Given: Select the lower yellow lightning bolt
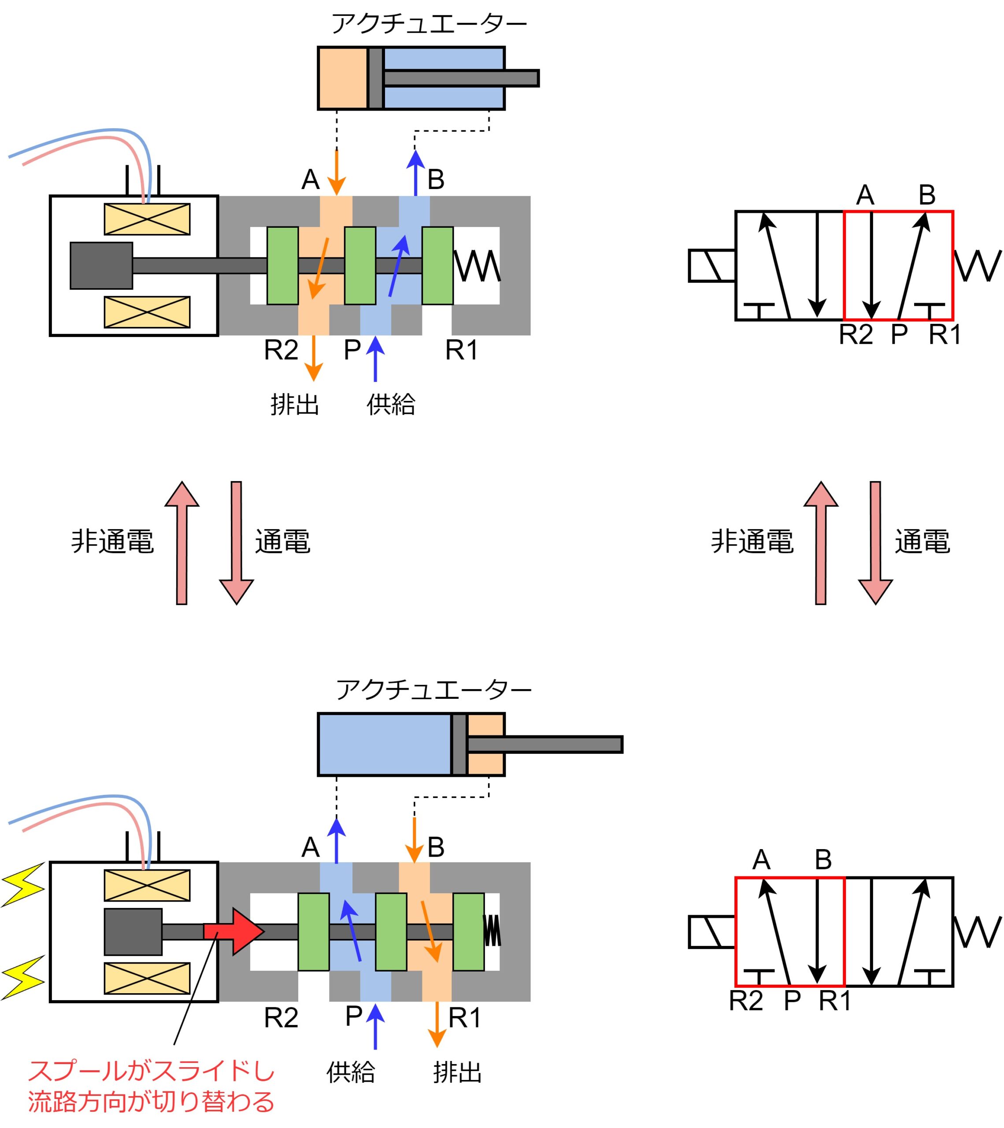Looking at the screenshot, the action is click(x=22, y=978).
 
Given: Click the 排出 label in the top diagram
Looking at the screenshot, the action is click(x=295, y=404).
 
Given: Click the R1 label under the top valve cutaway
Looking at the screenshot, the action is click(x=461, y=350).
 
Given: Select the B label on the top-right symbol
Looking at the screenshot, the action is click(x=927, y=195).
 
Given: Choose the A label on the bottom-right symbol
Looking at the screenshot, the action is click(x=761, y=859).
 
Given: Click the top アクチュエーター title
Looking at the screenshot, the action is click(x=429, y=24).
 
